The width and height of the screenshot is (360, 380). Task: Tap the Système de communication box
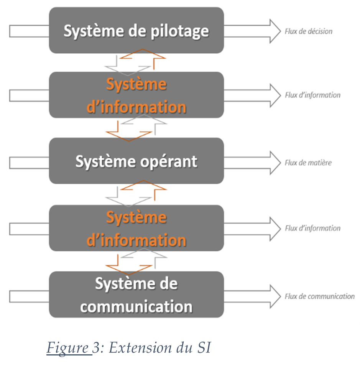pos(136,294)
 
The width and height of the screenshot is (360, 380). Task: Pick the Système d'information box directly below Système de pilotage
pos(136,95)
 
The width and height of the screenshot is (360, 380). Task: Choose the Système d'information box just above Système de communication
pos(136,229)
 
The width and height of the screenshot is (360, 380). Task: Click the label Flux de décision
pos(308,31)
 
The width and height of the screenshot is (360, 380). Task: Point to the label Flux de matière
pos(308,163)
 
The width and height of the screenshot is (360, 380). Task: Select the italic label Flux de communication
pos(319,296)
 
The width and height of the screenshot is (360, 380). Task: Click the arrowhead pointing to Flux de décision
pos(275,31)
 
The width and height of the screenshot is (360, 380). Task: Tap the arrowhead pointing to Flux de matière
pos(275,163)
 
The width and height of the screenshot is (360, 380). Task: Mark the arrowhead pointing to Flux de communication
pos(275,296)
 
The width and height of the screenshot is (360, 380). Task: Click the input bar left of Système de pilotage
pos(29,31)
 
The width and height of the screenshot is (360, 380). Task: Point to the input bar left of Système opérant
pos(29,163)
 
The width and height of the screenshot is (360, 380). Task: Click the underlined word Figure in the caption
pos(67,348)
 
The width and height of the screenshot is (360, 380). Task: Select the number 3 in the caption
pos(95,348)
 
